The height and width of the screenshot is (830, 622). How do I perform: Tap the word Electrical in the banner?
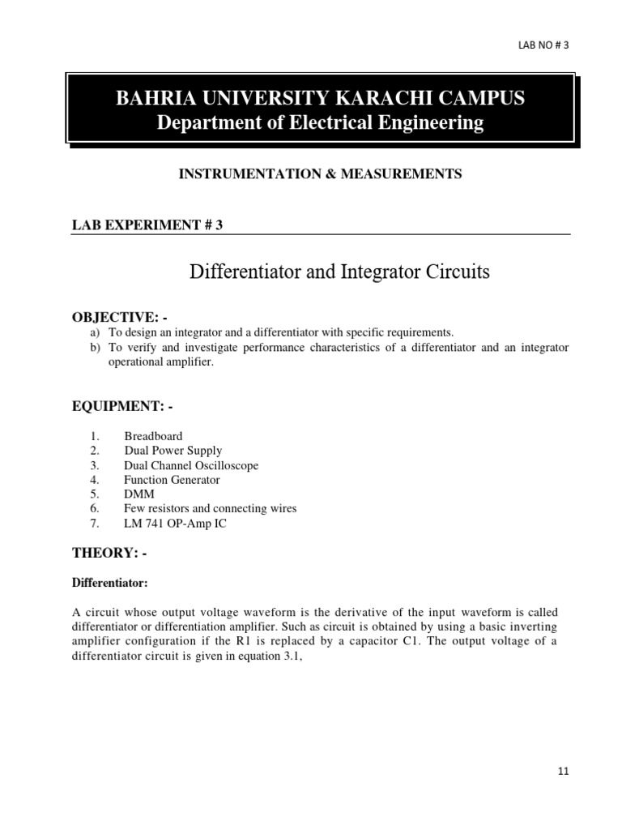coord(319,123)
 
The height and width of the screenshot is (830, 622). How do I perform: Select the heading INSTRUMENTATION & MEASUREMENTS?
coord(320,174)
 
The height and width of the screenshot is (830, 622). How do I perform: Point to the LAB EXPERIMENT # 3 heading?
coord(147,225)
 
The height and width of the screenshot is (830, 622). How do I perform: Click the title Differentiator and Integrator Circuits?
coord(339,272)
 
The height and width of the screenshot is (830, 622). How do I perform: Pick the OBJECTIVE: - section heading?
coord(121,316)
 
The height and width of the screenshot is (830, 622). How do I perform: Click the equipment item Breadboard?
coord(153,436)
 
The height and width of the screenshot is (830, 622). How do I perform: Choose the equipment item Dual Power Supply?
coord(173,451)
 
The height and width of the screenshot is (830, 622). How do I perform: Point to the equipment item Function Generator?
coord(172,480)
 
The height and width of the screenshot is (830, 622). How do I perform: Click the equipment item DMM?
coord(138,494)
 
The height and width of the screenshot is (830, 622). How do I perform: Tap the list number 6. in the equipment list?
coord(95,508)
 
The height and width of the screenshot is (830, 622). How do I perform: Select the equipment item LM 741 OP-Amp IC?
coord(175,524)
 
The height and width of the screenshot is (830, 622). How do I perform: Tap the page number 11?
coord(564,772)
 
